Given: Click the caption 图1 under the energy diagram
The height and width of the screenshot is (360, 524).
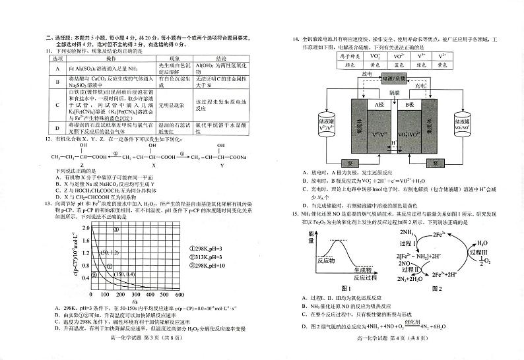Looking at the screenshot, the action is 345,288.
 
